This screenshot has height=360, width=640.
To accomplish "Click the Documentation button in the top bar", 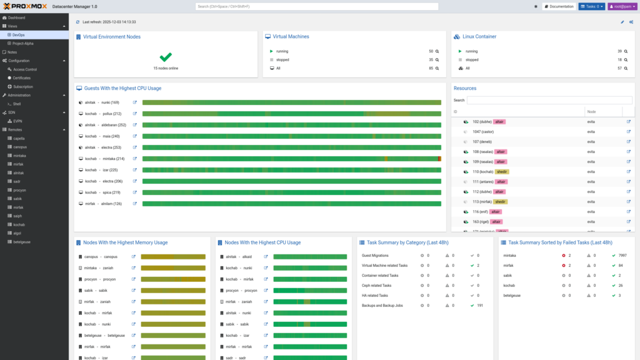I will (559, 6).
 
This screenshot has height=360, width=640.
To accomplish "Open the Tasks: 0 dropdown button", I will (591, 6).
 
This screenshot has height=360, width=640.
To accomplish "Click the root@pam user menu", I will (622, 6).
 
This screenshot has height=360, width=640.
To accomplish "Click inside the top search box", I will (317, 6).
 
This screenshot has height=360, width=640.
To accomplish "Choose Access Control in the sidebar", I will (25, 69).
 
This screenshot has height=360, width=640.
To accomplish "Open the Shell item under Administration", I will (17, 104).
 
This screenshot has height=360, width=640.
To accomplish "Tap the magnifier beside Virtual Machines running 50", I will (437, 51).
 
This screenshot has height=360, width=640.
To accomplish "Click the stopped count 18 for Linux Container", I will (619, 59).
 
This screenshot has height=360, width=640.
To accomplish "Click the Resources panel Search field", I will (549, 100).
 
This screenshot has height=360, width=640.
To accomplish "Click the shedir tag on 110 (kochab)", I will (501, 171).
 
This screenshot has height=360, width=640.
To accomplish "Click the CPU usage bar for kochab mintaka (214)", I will (291, 159).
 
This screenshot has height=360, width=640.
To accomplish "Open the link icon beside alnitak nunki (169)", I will (134, 102).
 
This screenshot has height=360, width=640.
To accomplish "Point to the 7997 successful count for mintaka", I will (622, 256).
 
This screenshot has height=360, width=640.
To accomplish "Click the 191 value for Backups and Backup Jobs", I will (480, 305).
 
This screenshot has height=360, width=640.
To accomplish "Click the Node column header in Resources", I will (591, 111).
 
